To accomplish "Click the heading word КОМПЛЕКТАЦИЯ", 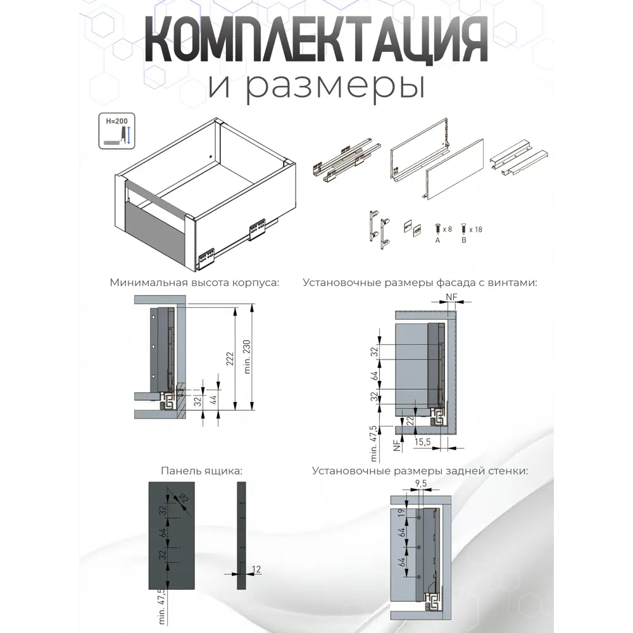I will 316,45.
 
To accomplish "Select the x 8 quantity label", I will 448,229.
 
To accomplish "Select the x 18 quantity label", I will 474,229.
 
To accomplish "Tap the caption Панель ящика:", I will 202,472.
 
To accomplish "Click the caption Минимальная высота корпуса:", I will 194,283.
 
